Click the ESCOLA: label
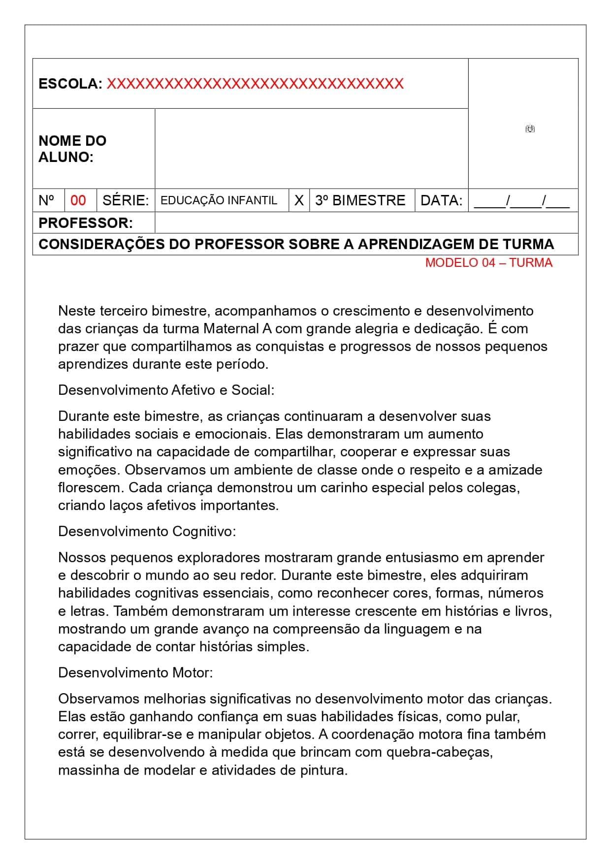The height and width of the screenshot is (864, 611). coord(70,84)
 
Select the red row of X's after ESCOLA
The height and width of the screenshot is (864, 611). coord(255,84)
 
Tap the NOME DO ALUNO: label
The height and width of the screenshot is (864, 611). coord(72,149)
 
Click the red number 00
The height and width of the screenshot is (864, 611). coord(78,200)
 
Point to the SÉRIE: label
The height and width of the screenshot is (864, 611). coord(126,200)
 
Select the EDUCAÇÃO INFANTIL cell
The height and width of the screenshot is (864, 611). coord(219,200)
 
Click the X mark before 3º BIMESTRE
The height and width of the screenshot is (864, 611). coord(299,200)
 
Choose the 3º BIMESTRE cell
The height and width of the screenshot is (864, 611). coord(360,200)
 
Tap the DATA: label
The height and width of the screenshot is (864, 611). coord(442,200)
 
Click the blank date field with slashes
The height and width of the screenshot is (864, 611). coord(522,200)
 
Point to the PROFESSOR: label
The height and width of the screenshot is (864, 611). coord(86,223)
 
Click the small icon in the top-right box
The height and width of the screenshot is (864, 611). coord(530,129)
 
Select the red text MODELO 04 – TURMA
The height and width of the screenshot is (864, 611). coord(489,263)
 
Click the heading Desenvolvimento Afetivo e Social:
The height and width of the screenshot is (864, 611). coord(166,390)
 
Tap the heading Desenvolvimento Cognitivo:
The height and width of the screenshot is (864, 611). coord(147,531)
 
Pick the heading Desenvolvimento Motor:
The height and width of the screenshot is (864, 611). coord(136,672)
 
